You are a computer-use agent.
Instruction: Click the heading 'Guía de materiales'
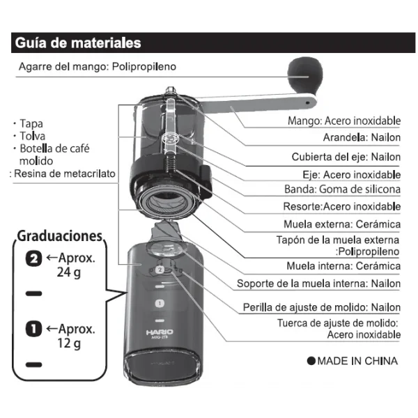[77, 43]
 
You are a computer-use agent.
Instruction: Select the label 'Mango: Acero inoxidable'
[344, 121]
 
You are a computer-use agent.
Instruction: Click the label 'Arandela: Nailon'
[362, 138]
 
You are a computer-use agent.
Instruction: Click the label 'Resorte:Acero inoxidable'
[341, 206]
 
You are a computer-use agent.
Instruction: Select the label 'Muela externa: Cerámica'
[342, 224]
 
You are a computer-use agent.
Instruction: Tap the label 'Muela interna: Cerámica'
[343, 265]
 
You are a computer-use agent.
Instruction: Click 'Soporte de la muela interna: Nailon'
[318, 284]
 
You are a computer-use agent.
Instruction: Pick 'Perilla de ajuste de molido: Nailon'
[321, 307]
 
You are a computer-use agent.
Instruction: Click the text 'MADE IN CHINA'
[352, 361]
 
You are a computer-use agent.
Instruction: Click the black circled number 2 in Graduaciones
[32, 258]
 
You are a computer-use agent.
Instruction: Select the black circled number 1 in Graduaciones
[32, 328]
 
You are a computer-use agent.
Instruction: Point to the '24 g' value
[69, 272]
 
